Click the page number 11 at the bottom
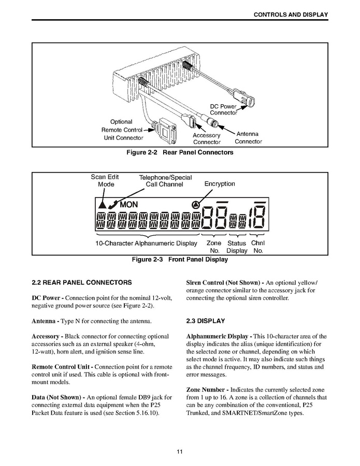180,451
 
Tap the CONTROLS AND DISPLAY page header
290,15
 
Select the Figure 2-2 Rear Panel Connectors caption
180,152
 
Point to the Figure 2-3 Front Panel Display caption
180,259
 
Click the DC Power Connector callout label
223,109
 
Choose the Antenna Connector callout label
248,138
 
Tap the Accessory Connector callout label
207,138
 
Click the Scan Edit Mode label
105,180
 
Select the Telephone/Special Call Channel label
165,181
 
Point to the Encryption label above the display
220,183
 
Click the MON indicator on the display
129,205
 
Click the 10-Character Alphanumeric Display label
147,243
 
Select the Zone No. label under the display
213,247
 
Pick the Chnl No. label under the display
258,247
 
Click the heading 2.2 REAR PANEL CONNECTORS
81,283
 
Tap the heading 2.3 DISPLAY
206,321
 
